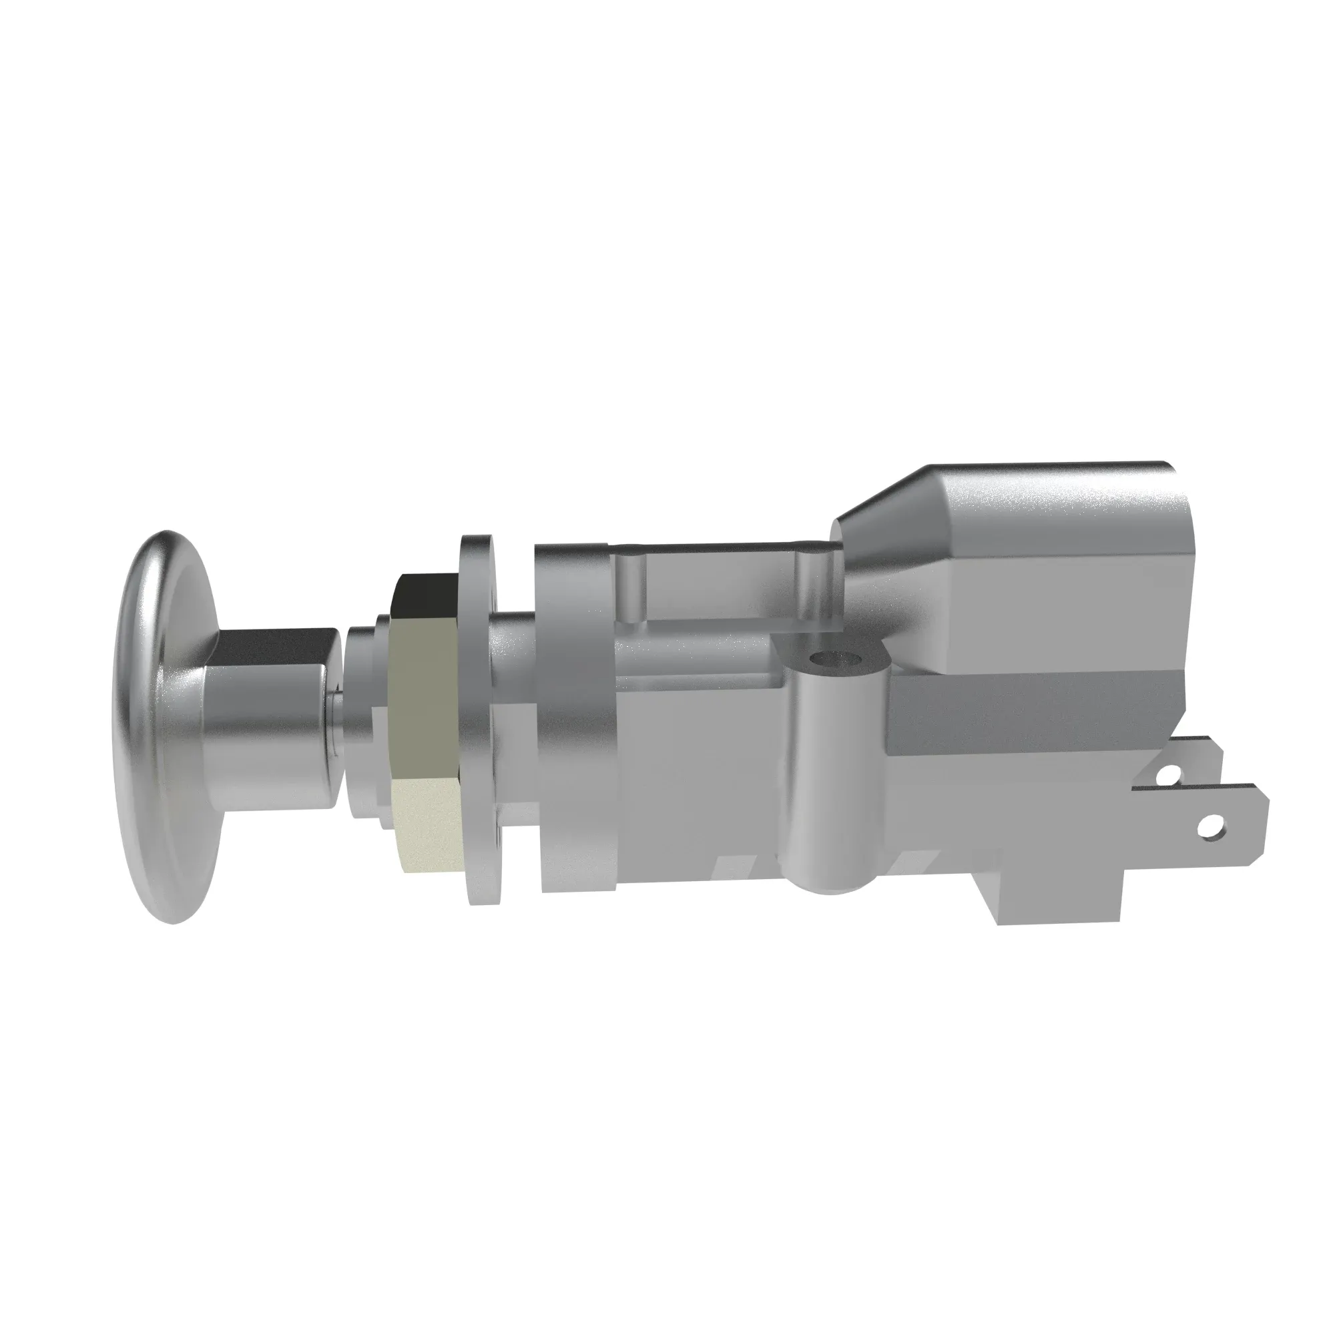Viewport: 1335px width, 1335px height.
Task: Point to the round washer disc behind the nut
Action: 478,719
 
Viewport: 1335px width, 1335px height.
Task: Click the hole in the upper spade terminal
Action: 1169,776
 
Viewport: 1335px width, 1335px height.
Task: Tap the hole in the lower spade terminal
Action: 1209,824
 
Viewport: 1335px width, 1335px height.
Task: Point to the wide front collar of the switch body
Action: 573,719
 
